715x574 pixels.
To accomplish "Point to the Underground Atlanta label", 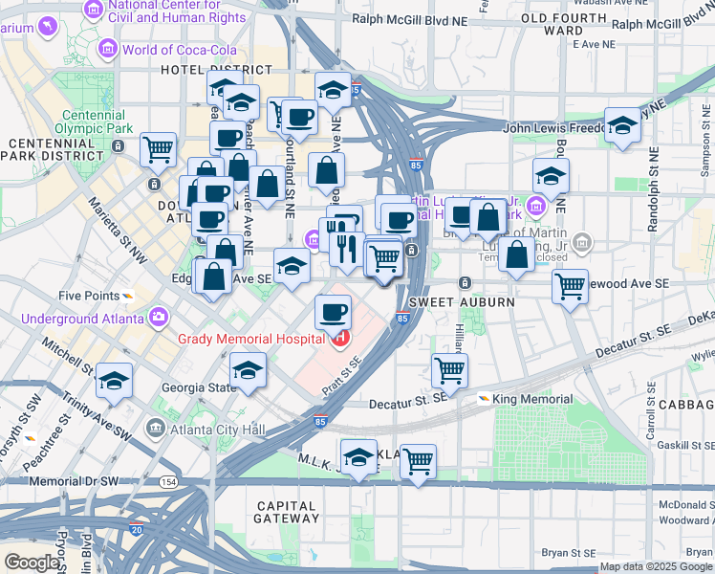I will click(83, 318).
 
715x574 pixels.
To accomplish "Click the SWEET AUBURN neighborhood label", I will click(462, 302).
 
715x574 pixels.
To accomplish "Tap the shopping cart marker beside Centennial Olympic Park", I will click(158, 148).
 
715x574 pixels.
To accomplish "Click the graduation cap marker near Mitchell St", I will click(114, 381).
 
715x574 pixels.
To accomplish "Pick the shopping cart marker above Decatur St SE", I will click(448, 368).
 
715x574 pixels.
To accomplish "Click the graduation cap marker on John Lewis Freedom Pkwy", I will click(622, 125).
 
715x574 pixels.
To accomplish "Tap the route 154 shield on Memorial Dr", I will click(168, 481).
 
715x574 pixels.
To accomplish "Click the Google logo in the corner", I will click(32, 562).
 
